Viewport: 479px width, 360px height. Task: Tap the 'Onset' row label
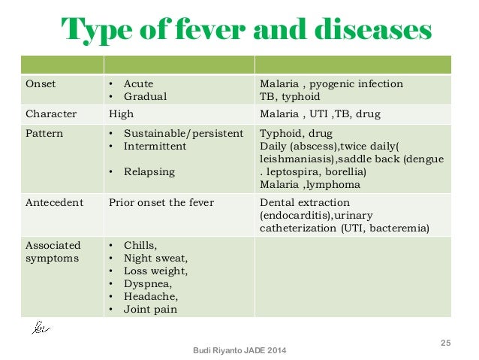click(x=41, y=83)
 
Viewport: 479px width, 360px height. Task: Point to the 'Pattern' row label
click(x=44, y=134)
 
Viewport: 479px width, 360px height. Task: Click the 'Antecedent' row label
click(x=54, y=202)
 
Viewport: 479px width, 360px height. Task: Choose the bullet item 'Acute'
click(x=137, y=83)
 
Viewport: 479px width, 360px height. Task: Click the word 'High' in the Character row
click(x=121, y=114)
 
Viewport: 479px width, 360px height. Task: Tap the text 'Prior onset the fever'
click(x=161, y=202)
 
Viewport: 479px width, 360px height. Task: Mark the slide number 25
click(x=445, y=343)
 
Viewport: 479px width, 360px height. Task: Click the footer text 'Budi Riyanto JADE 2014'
click(x=239, y=351)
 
